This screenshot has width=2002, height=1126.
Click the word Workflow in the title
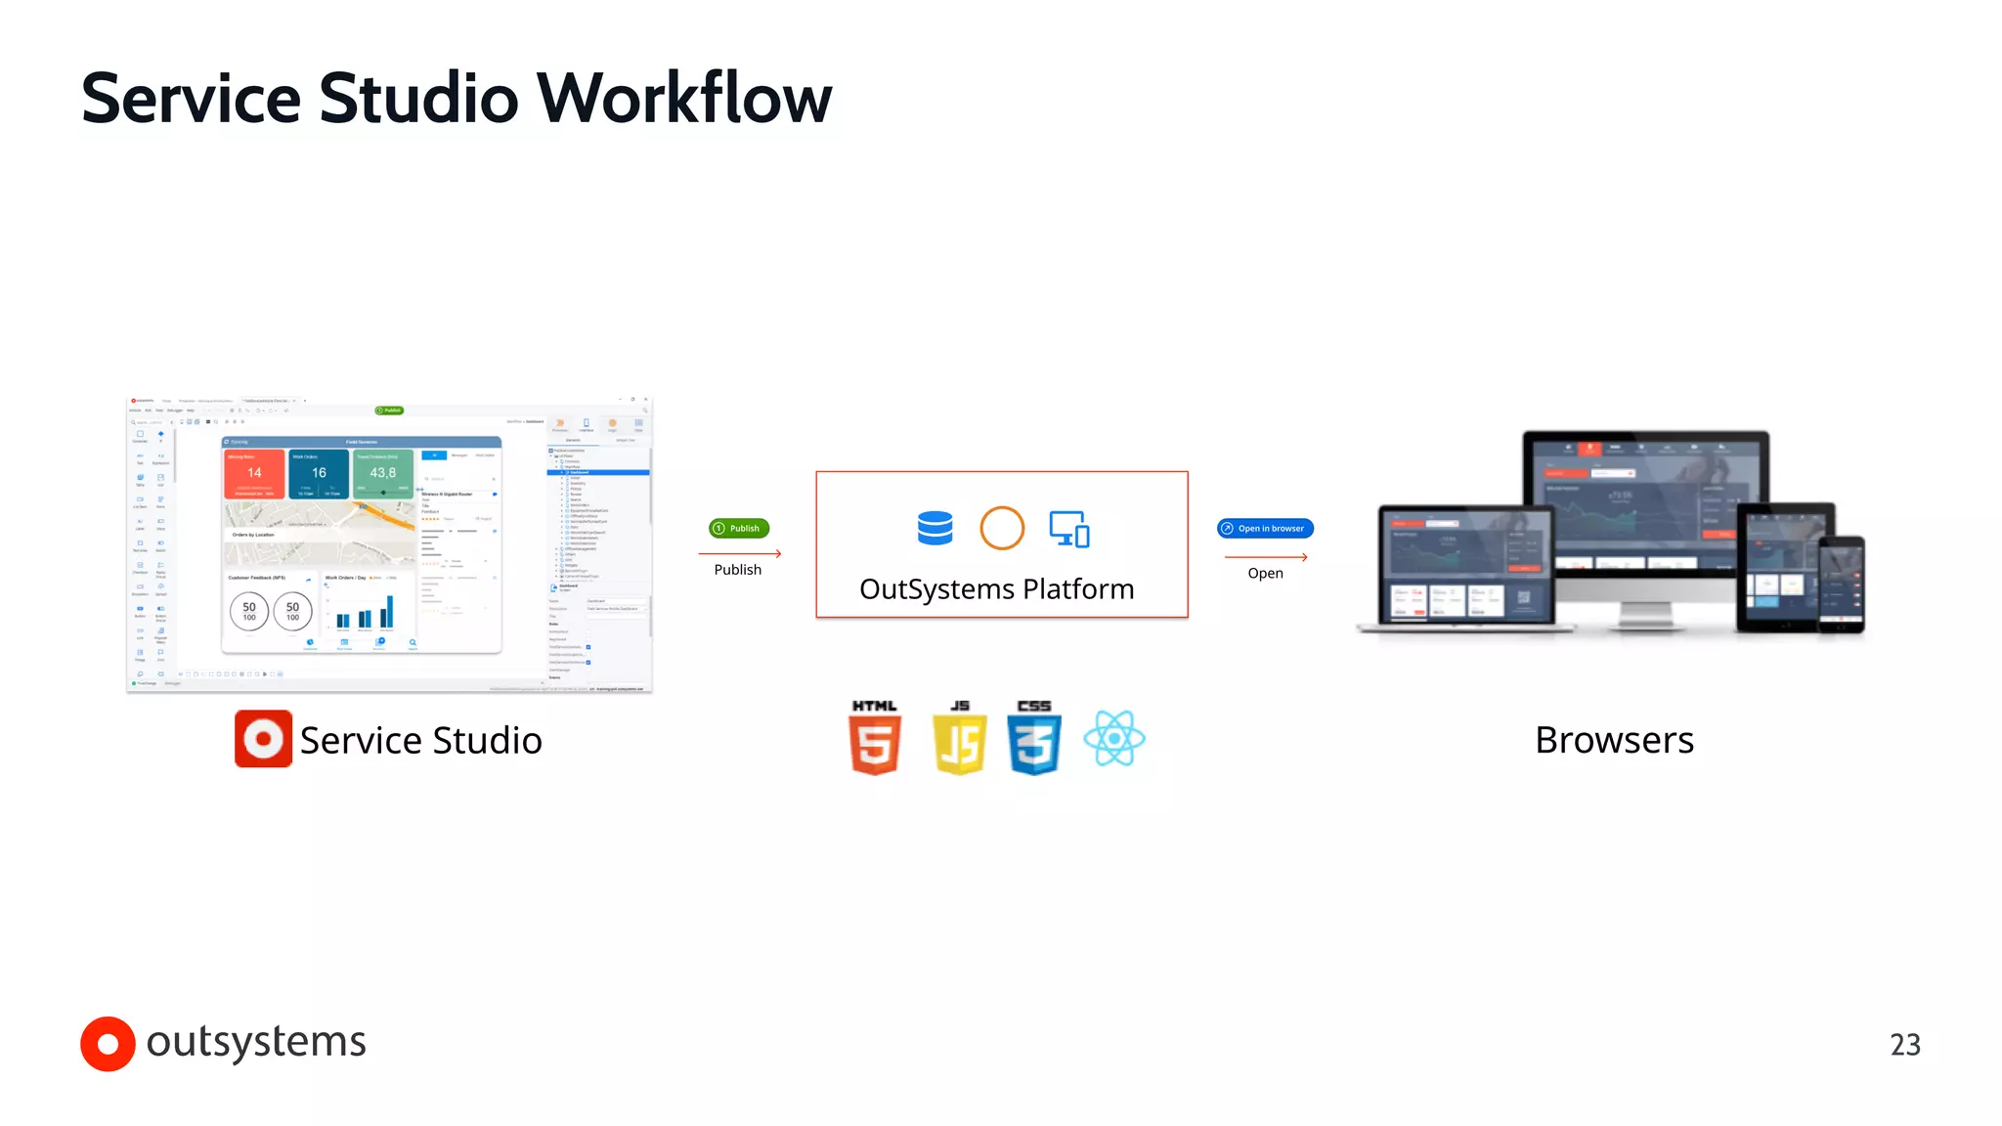(683, 99)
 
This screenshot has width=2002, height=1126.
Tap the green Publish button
(739, 529)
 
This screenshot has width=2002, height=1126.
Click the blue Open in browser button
(1265, 529)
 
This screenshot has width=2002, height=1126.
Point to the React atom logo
(1113, 739)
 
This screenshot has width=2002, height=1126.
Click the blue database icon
(935, 528)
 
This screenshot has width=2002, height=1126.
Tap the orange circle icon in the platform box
(1002, 528)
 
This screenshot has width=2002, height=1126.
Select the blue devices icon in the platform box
(1069, 529)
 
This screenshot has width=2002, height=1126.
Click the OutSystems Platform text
(996, 589)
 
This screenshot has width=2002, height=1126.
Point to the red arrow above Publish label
(740, 554)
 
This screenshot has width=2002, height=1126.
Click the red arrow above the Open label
(1266, 557)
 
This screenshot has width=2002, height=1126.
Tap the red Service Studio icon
(263, 739)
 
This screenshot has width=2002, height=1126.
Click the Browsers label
(1614, 740)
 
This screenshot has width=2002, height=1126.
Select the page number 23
(1904, 1045)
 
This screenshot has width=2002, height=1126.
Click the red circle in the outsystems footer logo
(108, 1044)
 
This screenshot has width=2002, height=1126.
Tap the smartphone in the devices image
(1842, 584)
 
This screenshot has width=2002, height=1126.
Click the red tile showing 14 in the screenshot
(254, 474)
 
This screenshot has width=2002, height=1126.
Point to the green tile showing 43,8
(382, 474)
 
